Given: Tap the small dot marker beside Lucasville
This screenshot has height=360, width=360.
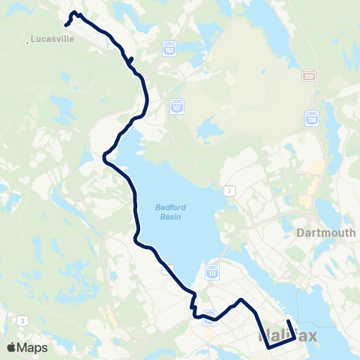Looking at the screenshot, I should [28, 42].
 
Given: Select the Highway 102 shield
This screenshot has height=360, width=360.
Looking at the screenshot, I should [169, 47].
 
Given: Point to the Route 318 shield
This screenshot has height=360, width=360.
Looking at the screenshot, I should [309, 76].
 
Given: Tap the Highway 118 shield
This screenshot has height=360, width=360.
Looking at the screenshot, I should [311, 118].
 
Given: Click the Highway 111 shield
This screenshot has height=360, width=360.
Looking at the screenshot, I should [212, 269].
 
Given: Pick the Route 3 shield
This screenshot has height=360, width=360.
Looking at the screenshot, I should [22, 320].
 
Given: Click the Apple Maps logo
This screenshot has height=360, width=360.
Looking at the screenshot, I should [26, 347].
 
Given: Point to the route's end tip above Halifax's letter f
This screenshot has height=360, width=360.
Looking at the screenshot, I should [288, 322].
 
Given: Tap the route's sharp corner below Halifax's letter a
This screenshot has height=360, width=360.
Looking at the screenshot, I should [268, 348].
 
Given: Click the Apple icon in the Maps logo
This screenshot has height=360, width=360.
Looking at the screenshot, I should [12, 347].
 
